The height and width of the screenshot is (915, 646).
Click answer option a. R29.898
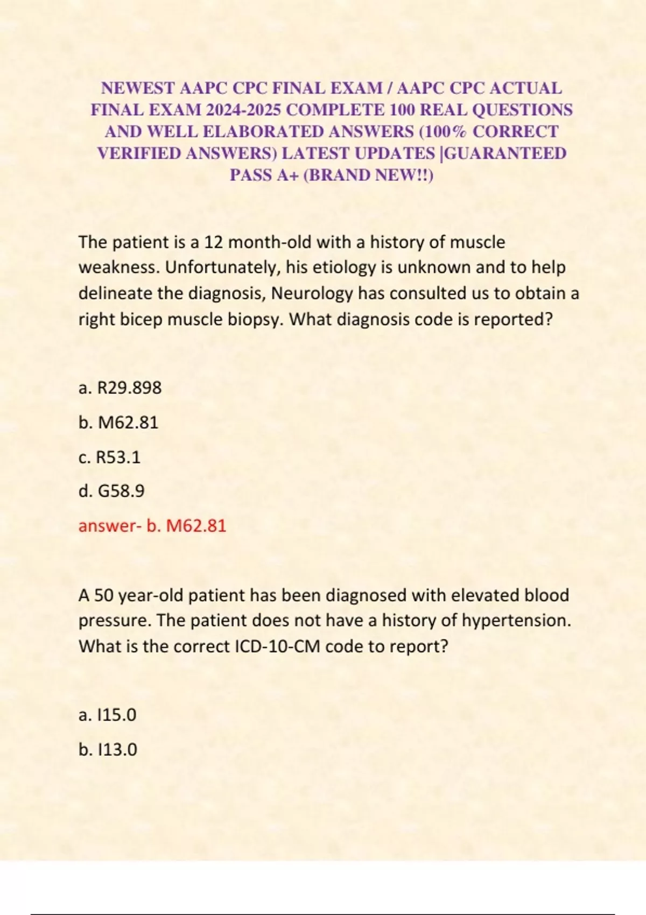click(120, 388)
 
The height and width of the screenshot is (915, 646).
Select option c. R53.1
click(109, 457)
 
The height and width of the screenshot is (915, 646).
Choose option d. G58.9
click(111, 491)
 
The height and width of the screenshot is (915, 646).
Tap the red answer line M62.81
click(152, 525)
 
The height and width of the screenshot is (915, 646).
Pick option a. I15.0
click(107, 715)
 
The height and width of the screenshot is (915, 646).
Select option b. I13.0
click(108, 749)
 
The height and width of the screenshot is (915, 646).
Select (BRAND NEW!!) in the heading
click(369, 175)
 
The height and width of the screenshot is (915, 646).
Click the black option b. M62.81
click(118, 422)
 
